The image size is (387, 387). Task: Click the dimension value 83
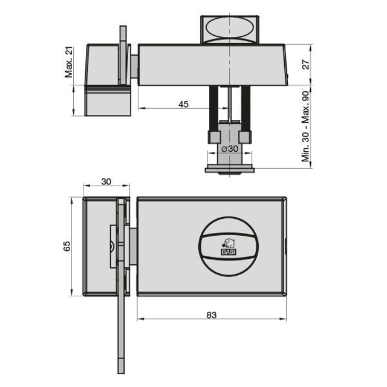point(212,315)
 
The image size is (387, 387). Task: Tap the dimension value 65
point(67,246)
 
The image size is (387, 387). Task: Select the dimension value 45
point(183,104)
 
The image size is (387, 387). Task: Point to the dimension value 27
point(305,65)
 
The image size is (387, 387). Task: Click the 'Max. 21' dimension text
point(69,62)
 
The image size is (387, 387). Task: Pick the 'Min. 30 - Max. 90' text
point(305,126)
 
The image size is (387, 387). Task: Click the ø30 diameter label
point(230,149)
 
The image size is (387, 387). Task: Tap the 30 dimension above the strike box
point(106,181)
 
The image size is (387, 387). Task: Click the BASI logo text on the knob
point(229,252)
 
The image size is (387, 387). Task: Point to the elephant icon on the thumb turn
point(229,243)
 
